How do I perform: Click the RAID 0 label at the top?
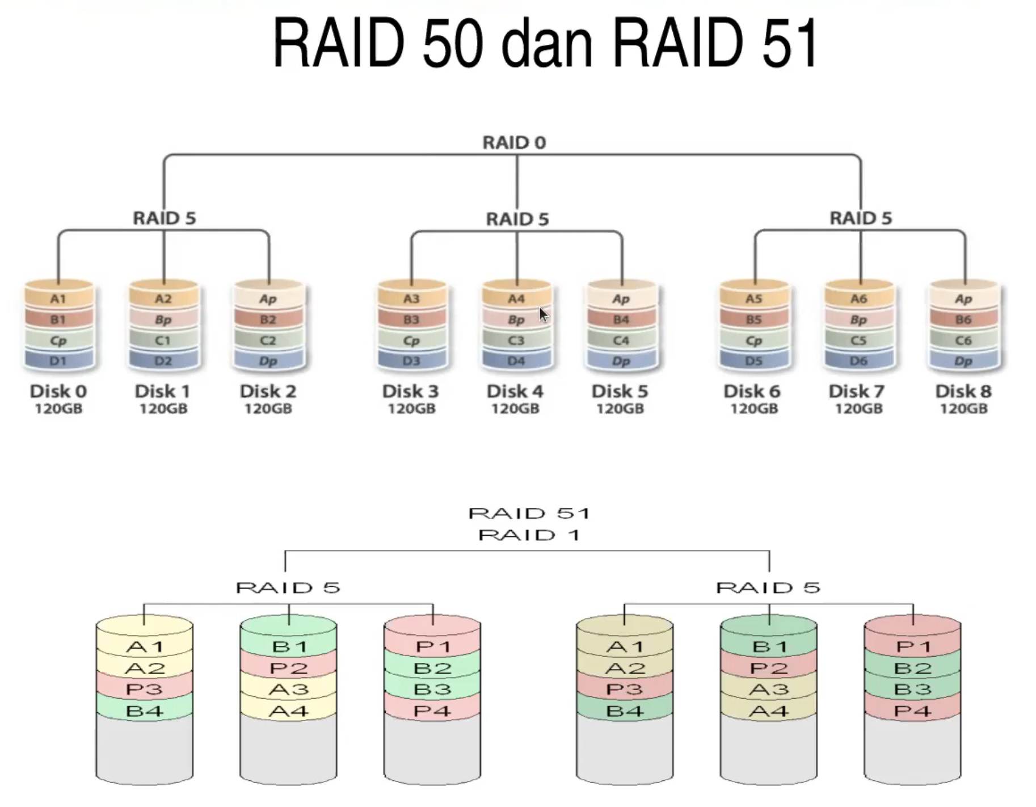pos(514,142)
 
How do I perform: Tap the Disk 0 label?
pos(58,391)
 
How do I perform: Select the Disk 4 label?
pos(515,391)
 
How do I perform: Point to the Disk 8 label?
pos(963,391)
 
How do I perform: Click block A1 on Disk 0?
pos(58,299)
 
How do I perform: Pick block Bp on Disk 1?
pos(163,320)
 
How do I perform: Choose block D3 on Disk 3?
pos(411,361)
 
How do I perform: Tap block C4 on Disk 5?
pos(621,341)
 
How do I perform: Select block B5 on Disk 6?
pos(753,320)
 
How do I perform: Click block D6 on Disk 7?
pos(858,361)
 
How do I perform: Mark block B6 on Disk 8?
pos(963,320)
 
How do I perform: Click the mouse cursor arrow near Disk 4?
pos(544,314)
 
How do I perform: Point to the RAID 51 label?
pos(529,513)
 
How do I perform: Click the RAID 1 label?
pos(529,535)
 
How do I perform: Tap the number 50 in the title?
pos(452,43)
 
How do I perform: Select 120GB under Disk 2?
pos(268,409)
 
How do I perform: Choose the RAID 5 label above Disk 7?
pos(861,218)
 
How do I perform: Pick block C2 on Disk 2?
pos(268,341)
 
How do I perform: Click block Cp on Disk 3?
pos(411,341)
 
